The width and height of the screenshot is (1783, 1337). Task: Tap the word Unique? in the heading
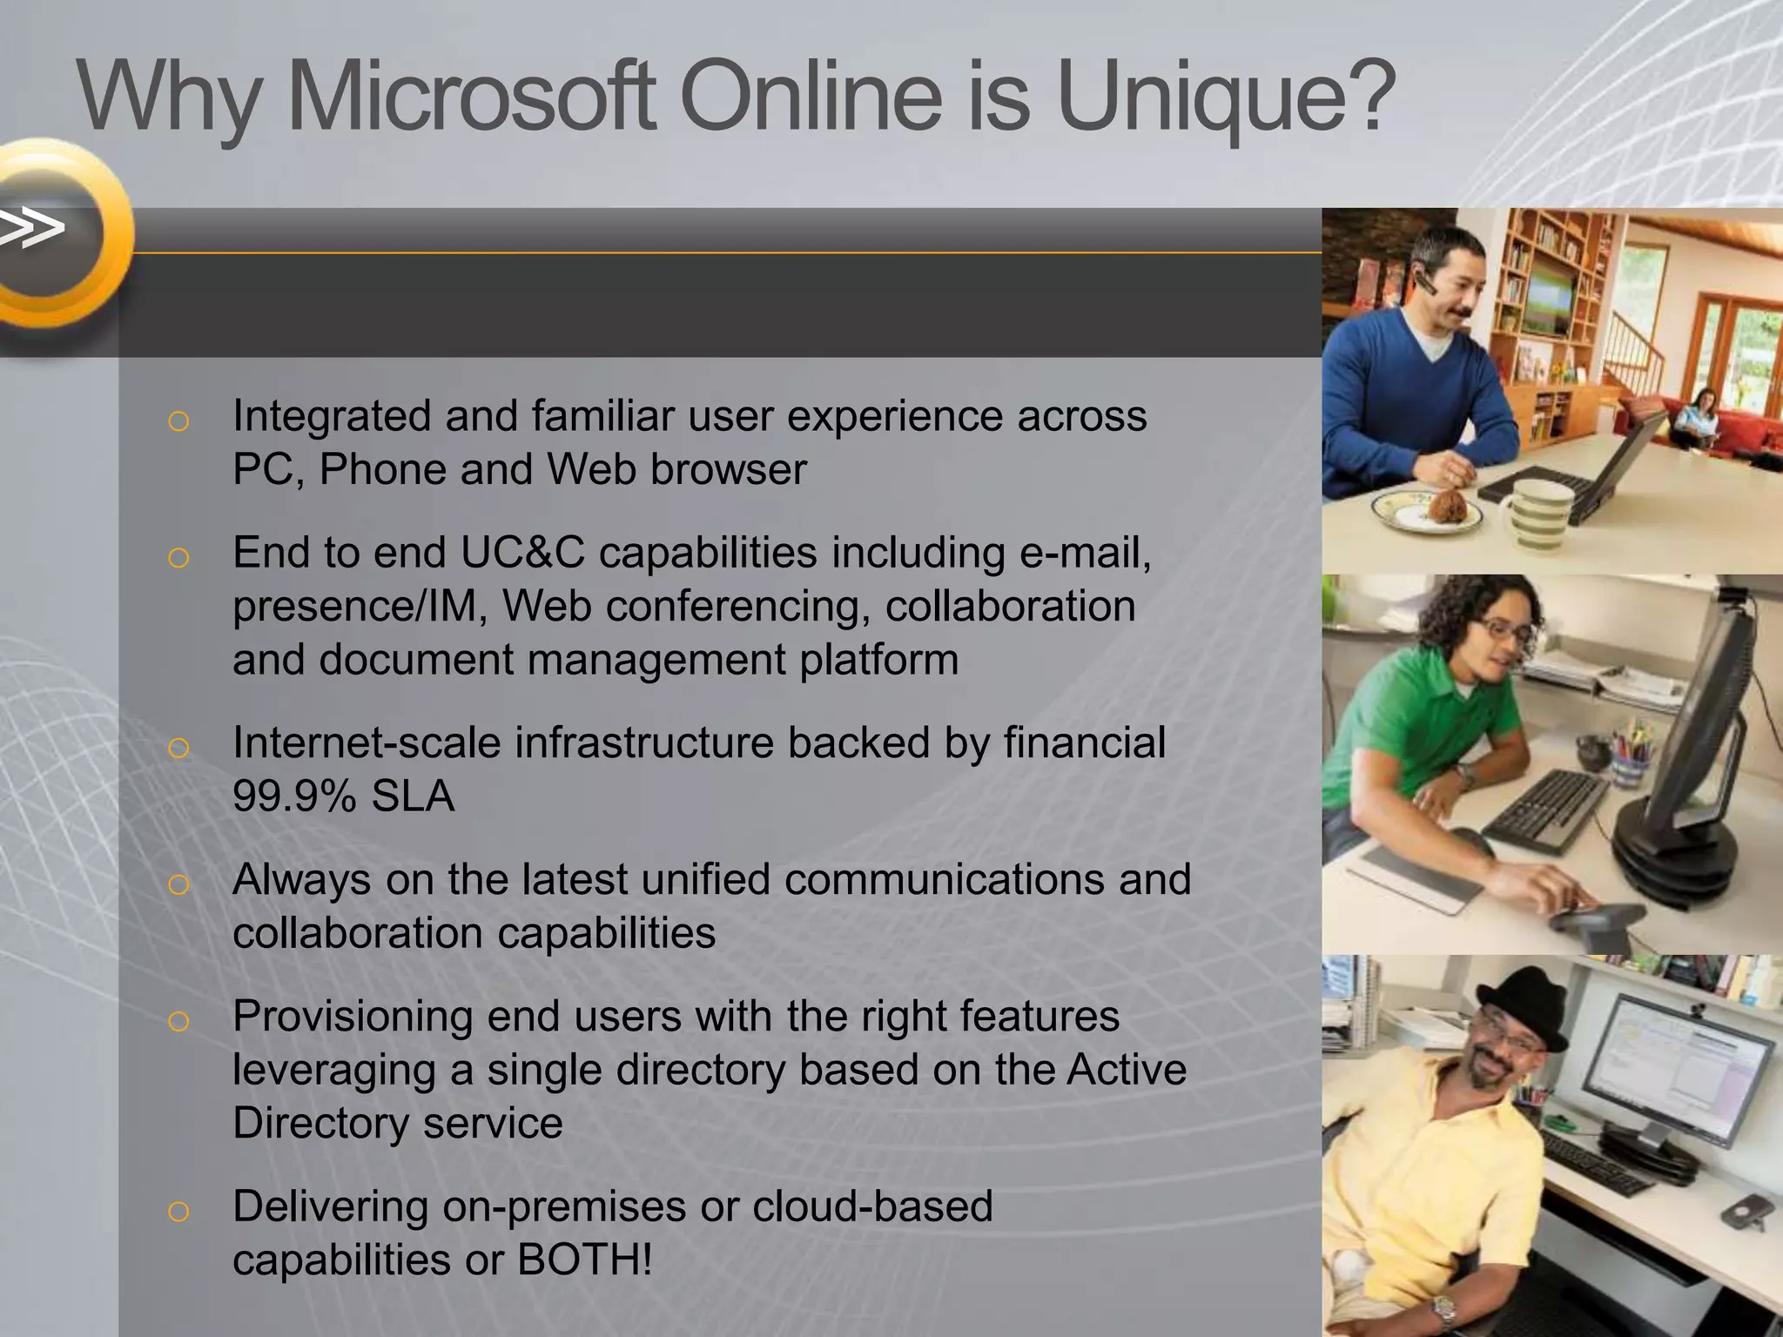point(1227,97)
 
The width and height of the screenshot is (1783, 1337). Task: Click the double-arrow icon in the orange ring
point(33,228)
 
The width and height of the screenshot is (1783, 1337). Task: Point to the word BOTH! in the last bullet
point(584,1260)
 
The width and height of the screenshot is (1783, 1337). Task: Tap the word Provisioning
point(352,1016)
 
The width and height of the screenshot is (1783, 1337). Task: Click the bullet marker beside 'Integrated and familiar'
point(178,421)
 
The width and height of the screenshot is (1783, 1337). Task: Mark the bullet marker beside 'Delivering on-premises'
point(178,1212)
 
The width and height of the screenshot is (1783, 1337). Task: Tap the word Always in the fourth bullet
point(302,880)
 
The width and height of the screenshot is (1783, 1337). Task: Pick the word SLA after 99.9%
point(413,796)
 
